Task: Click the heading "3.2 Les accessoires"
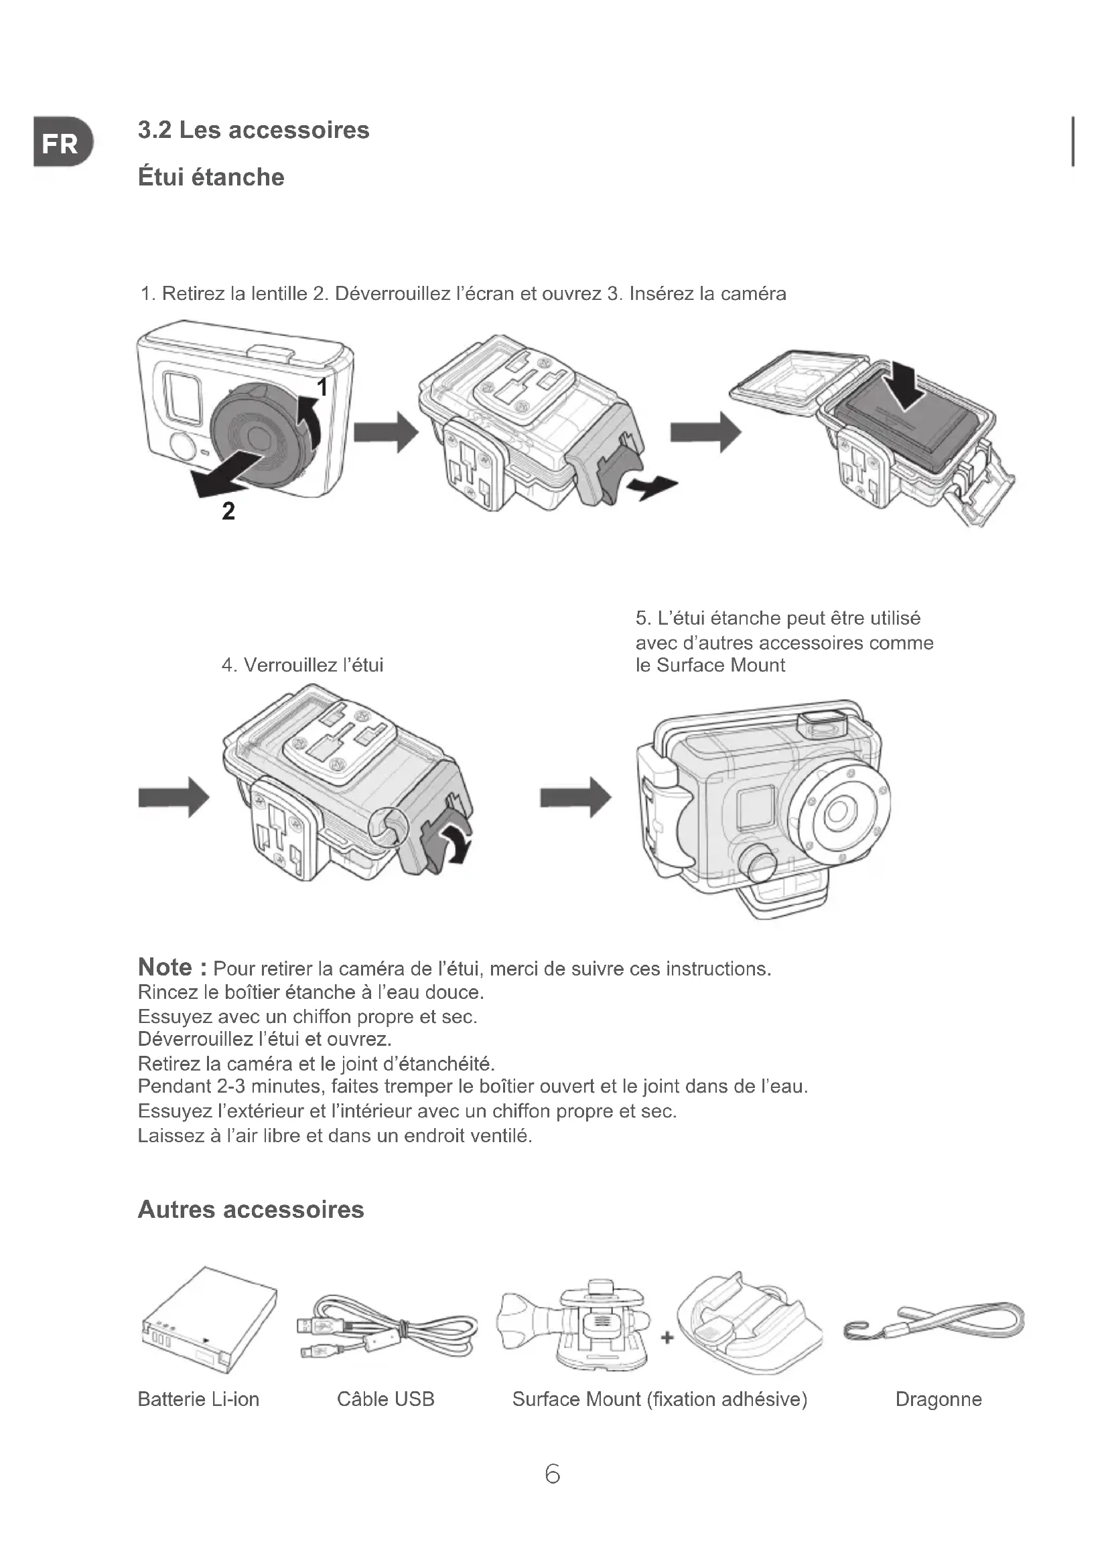click(x=253, y=130)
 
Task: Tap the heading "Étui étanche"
click(x=211, y=177)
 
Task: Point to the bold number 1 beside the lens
click(x=323, y=388)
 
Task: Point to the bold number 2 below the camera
click(x=228, y=511)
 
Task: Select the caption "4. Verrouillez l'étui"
click(x=303, y=664)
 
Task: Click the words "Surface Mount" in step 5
click(x=721, y=665)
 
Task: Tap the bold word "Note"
click(x=165, y=967)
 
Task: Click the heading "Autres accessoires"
click(x=251, y=1209)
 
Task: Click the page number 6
click(x=553, y=1474)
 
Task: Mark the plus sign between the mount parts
click(x=667, y=1338)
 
